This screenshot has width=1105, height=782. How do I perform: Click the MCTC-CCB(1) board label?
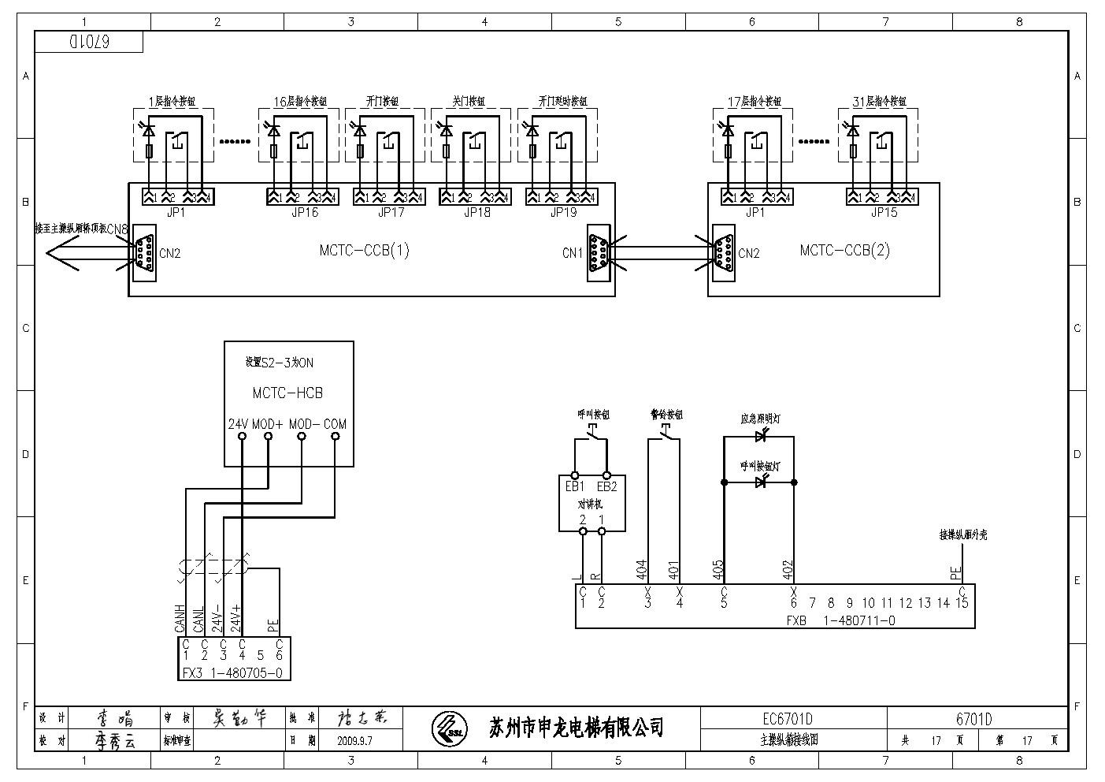point(364,251)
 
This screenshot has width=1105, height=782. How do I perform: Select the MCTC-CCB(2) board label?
point(844,251)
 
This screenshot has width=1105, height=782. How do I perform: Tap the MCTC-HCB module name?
point(287,393)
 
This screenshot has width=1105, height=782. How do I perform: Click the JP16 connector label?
point(305,212)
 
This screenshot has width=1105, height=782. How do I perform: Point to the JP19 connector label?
point(563,212)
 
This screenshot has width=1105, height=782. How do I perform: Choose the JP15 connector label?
point(884,212)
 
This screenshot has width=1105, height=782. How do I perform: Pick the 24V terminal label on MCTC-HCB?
point(238,424)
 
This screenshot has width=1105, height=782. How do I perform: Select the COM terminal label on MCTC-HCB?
point(335,424)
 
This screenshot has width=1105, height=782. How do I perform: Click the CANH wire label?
point(180,618)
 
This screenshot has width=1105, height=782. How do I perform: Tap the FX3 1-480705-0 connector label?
point(232,673)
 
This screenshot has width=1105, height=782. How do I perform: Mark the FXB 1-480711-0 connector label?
point(840,620)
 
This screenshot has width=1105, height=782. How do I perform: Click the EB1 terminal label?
point(574,486)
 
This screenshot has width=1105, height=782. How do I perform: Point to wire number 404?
point(641,570)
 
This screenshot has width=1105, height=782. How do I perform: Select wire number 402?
point(788,570)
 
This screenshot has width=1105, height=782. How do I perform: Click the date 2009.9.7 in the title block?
point(354,741)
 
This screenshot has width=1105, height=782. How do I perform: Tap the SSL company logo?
point(449,727)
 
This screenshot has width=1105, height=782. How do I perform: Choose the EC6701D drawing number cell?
point(787,719)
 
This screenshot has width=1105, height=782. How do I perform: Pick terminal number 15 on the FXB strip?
point(962,603)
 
